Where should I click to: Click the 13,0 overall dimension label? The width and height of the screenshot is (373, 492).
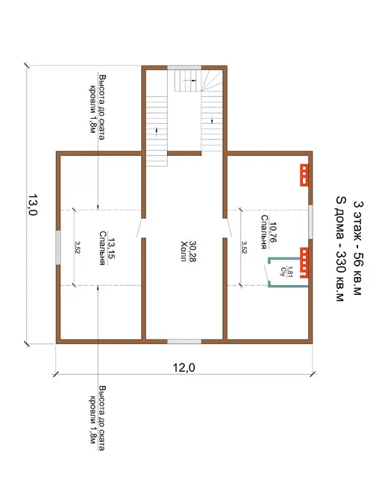click(33, 205)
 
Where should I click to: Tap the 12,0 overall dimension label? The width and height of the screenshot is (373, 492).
click(184, 367)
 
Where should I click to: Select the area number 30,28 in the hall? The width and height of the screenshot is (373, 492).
click(192, 252)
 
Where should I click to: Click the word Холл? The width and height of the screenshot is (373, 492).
click(184, 251)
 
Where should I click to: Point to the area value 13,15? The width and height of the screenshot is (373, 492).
click(111, 248)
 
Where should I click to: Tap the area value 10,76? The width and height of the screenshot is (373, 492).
click(273, 232)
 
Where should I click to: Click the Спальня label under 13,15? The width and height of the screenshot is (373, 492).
click(102, 248)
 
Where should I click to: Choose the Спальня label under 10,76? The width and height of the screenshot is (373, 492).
click(264, 232)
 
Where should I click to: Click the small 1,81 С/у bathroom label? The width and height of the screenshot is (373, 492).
click(286, 271)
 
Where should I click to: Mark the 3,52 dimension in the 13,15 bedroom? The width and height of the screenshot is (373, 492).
click(77, 247)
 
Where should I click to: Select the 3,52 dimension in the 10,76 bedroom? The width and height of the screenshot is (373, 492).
click(244, 247)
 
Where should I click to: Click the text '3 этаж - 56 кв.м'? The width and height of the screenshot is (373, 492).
click(357, 248)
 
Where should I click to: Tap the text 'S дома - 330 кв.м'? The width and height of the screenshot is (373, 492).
click(340, 249)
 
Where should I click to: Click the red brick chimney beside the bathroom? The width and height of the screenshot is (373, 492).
click(304, 263)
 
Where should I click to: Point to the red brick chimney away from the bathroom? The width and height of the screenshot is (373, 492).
click(304, 175)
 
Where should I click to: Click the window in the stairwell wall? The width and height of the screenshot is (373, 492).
click(184, 67)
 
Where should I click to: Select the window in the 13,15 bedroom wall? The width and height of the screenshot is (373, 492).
click(58, 248)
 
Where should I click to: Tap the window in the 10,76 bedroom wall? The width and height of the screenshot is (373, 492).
click(310, 222)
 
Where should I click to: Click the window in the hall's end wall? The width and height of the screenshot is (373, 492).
click(184, 341)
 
